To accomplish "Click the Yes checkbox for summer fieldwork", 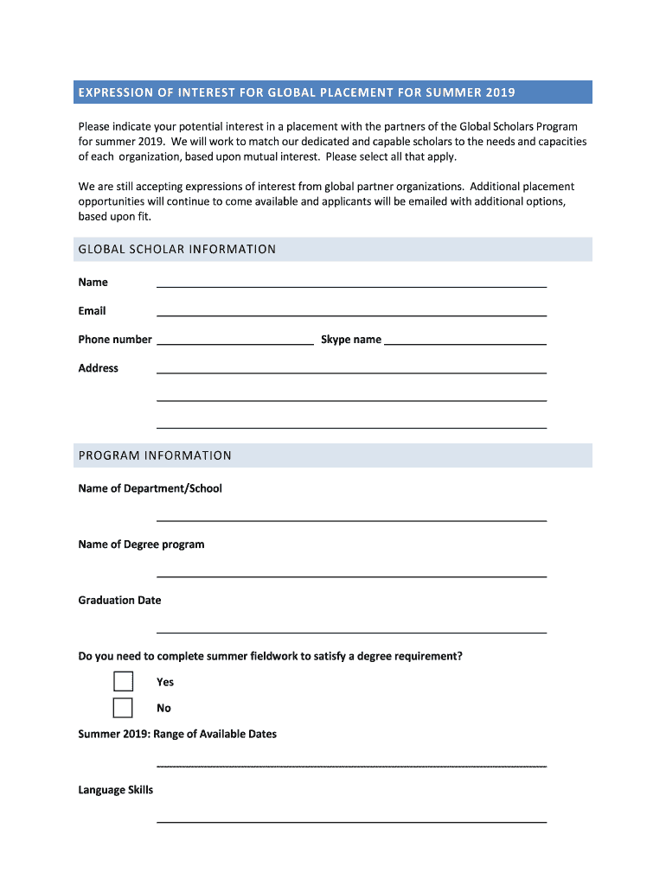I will [x=123, y=682].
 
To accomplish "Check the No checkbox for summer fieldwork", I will [x=123, y=708].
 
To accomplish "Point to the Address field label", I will [x=98, y=368].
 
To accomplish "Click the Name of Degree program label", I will [x=141, y=544].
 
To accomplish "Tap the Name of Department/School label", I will [x=150, y=488].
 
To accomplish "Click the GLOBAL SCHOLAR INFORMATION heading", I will [x=177, y=250].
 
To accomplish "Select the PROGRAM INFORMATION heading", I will [x=155, y=455].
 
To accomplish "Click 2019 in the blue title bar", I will [x=500, y=92].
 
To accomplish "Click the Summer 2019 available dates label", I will [x=177, y=734].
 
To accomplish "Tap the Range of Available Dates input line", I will [x=351, y=765].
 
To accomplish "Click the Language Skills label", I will [x=115, y=790].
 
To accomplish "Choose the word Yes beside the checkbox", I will [x=165, y=682].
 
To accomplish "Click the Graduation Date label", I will [x=119, y=600].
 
